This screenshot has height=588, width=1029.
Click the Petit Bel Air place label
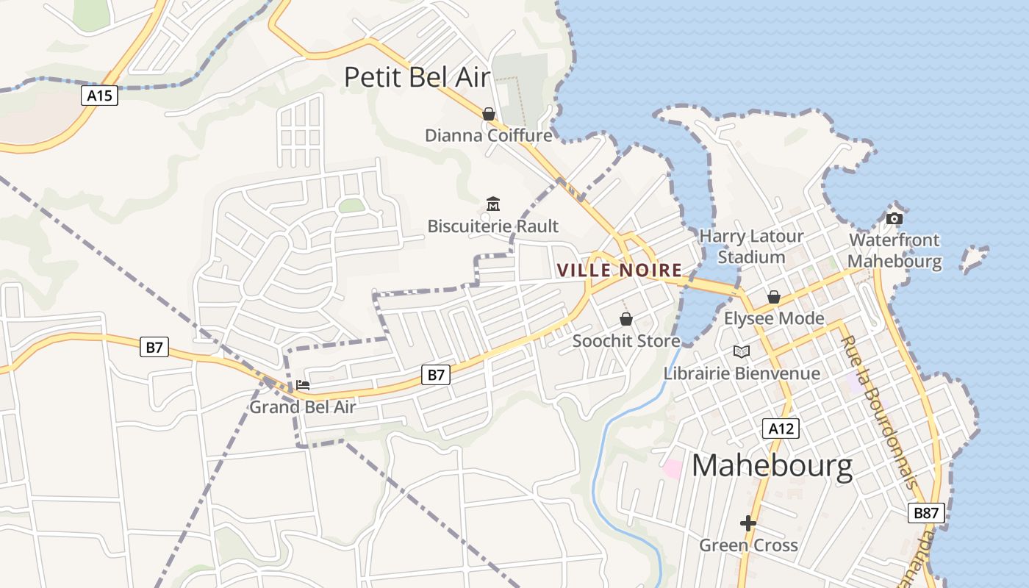coord(417,76)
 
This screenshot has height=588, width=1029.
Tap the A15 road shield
coord(99,95)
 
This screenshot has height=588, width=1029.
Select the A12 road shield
coord(780,429)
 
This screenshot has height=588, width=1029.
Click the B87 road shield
coord(925,513)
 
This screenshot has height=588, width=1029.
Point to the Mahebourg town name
coord(772,466)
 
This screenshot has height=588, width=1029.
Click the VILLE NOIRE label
coord(619,270)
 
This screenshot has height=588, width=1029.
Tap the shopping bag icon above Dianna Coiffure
coord(489,114)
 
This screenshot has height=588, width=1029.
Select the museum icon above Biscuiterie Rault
coord(493,204)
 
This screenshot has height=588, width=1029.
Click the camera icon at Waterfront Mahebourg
coord(894,218)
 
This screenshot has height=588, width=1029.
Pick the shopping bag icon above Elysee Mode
coord(774,297)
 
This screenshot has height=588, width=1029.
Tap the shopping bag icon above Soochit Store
coord(626,319)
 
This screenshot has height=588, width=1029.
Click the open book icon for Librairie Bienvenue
coord(742,351)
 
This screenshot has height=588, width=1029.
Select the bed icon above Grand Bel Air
coord(303,384)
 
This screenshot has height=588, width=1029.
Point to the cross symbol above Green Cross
coord(748,523)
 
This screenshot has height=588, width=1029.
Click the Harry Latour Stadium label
coord(751,246)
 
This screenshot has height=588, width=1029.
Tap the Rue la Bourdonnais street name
coord(880,412)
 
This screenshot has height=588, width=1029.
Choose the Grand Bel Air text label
coord(303,407)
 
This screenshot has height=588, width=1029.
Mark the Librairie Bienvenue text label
coord(742,373)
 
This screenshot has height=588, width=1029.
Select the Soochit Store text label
coord(626,341)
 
